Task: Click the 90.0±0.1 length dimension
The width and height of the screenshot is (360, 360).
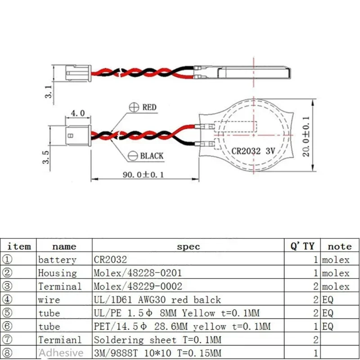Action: coord(143,175)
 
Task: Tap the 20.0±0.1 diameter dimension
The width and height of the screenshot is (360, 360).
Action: coord(306,136)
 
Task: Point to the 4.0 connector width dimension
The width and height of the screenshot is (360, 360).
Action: coord(77,113)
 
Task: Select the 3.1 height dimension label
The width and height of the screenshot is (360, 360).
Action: coord(49,92)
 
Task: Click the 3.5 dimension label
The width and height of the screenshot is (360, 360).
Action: coord(46,157)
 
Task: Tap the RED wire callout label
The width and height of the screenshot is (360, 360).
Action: coord(149,107)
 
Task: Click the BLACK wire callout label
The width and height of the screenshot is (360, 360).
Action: coord(152,156)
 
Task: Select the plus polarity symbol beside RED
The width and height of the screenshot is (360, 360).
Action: coord(134,107)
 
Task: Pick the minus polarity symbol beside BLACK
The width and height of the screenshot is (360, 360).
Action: coord(133,156)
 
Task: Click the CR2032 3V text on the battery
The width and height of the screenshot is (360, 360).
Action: coord(253,151)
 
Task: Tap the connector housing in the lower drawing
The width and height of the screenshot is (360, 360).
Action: coord(78,135)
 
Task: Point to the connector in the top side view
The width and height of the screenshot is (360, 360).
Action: coord(78,73)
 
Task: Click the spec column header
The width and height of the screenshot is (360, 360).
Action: coord(188,247)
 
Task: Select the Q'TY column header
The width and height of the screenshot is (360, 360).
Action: coord(302,246)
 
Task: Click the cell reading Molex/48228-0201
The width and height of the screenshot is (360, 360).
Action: coord(138,273)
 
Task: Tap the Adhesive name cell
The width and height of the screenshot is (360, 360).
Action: coord(61,353)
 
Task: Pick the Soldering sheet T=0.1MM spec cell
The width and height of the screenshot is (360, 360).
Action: coord(157,340)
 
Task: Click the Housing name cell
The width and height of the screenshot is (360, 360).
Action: coord(58,273)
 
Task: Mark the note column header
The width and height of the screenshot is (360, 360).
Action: coord(340,247)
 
